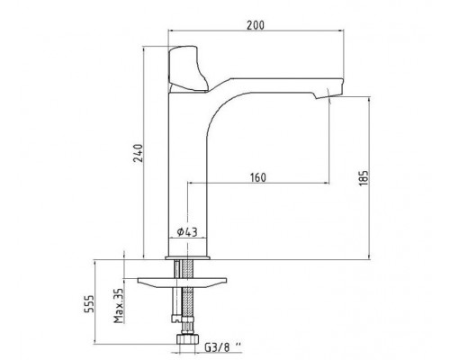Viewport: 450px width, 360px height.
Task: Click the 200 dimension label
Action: coord(256,25)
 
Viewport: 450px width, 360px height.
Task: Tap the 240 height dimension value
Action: coord(139,153)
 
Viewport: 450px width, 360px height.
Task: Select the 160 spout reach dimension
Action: coord(258,177)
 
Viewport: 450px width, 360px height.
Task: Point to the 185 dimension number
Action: coord(364,178)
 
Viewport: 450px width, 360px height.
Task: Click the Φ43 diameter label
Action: coord(187,232)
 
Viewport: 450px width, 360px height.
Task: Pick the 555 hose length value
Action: coord(89,303)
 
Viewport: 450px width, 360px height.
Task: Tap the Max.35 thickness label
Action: coord(119,305)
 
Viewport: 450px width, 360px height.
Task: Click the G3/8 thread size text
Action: coord(223,347)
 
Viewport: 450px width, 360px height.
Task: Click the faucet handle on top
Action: coord(187,68)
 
